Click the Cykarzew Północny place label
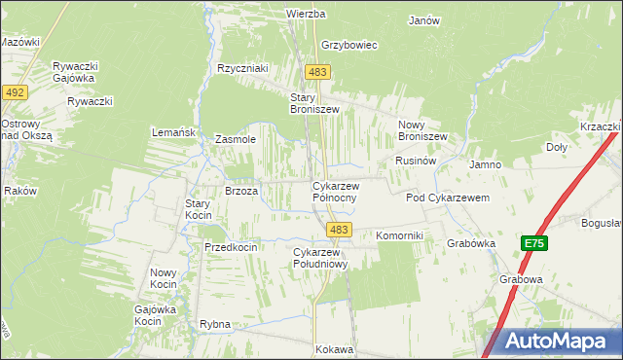point(336,192)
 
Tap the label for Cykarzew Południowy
point(320,258)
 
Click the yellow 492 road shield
point(15,91)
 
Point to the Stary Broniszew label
point(314,103)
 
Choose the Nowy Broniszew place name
point(422,130)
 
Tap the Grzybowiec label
point(348,45)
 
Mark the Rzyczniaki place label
point(242,68)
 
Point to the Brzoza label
point(240,192)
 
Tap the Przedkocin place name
point(231,247)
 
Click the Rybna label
point(214,324)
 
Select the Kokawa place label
point(333,348)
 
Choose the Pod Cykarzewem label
point(447,198)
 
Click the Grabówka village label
point(471,243)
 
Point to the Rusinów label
point(414,160)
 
